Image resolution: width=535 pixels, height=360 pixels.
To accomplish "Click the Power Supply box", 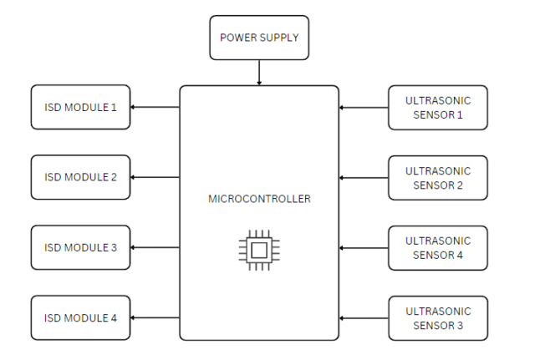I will click(x=258, y=38).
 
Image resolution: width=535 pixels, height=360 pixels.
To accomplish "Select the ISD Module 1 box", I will click(x=80, y=107).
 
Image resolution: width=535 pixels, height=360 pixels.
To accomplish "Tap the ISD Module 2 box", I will click(x=80, y=177).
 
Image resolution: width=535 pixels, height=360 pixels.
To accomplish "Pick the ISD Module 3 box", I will click(x=80, y=247).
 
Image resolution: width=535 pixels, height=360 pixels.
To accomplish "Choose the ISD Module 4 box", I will click(x=80, y=317).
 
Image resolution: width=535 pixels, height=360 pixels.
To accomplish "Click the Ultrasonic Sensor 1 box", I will click(x=437, y=107).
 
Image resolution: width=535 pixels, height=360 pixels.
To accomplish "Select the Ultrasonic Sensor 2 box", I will click(x=437, y=177).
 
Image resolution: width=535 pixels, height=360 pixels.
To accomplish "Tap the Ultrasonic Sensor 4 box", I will click(x=437, y=247).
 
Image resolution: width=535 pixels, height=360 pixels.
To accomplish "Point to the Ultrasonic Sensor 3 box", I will click(x=437, y=317).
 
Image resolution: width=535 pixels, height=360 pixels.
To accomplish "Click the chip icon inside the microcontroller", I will click(x=259, y=249).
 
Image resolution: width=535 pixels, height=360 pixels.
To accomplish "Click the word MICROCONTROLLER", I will click(x=259, y=200).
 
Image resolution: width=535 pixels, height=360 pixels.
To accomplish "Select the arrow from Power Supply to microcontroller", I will click(x=259, y=73).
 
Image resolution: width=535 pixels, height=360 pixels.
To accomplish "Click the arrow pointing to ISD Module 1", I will click(x=155, y=107).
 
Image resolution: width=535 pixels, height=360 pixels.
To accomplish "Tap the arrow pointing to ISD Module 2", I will click(x=155, y=177).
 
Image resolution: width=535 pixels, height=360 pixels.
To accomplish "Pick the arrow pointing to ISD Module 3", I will click(x=155, y=247).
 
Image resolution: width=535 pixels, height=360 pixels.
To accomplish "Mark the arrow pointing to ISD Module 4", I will click(x=155, y=317).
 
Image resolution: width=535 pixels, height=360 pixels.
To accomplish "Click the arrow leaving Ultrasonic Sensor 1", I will click(x=364, y=107).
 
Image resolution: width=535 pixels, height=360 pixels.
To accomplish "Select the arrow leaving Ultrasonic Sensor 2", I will click(x=364, y=177).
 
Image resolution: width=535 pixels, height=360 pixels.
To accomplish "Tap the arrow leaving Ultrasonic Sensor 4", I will click(x=364, y=247).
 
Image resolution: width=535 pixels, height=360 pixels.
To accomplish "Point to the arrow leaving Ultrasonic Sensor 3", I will click(x=364, y=317).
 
